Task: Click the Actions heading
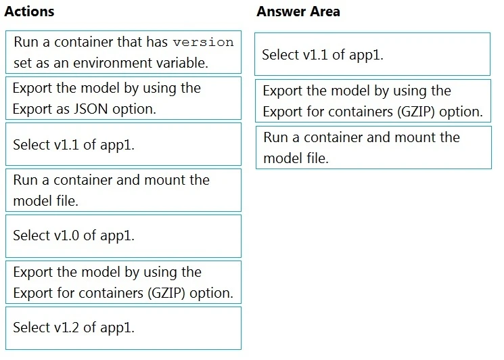click(x=29, y=12)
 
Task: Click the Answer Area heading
click(x=298, y=12)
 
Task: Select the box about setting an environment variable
click(x=123, y=52)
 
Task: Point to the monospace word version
click(x=203, y=42)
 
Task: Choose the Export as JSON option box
click(x=123, y=98)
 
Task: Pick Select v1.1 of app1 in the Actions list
click(x=123, y=144)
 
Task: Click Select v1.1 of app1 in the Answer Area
click(x=372, y=55)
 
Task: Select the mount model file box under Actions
click(x=123, y=190)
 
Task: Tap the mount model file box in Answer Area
click(x=373, y=148)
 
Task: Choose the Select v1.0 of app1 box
click(x=123, y=236)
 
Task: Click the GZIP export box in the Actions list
click(x=123, y=282)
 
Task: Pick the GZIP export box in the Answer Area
click(x=373, y=101)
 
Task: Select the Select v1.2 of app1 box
click(x=123, y=328)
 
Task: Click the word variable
click(x=183, y=64)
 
